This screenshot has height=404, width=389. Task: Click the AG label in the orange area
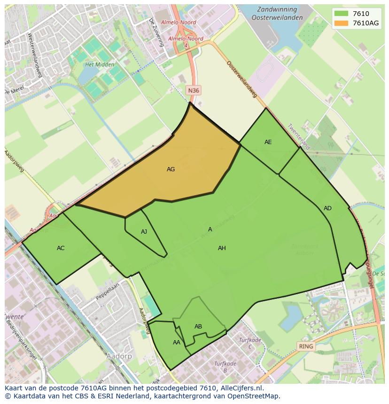point(171,169)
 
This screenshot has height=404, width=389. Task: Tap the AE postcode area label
point(268,142)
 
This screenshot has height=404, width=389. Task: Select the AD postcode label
point(327,208)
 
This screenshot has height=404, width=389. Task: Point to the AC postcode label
point(61,248)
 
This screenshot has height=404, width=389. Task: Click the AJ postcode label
point(144,232)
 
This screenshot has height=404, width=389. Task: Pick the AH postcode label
point(222,248)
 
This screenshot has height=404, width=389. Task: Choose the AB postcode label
point(198,327)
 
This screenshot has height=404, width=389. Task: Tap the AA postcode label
point(176,343)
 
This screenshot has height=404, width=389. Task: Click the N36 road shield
point(193,90)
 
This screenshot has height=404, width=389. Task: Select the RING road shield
point(306,346)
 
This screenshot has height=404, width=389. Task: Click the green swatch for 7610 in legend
point(342,14)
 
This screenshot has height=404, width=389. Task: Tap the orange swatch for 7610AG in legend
point(342,23)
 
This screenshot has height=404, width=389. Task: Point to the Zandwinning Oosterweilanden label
point(274,13)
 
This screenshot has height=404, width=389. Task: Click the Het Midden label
point(96,65)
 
